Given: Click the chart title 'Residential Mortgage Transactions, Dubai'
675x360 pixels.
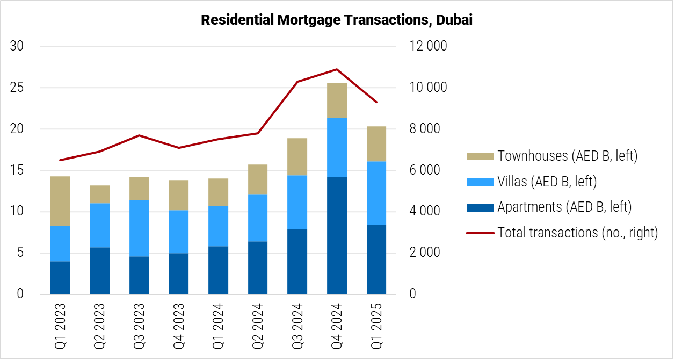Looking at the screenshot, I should pos(337,20).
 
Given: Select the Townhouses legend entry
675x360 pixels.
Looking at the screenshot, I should pos(567,156).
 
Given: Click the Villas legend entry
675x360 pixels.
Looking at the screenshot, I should pos(547,182).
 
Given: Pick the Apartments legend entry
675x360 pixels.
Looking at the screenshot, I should pos(564,207).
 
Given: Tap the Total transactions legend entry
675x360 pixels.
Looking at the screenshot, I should pos(577,233).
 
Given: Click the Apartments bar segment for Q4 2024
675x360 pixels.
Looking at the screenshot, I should pos(337,235).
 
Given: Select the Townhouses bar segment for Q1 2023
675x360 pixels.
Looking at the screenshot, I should pos(60,201).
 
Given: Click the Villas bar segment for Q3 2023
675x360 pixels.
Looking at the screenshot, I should pos(139,228).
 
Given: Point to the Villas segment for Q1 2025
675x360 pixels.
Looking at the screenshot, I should pos(376,193).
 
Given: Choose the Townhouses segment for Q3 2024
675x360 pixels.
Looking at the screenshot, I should pos(297,157).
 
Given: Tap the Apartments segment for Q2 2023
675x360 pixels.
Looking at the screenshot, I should pos(99,271).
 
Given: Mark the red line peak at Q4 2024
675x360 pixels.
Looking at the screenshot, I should pos(337,69).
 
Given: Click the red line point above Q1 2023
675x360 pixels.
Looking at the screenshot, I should pos(60,160).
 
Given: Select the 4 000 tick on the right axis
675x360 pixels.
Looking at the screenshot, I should pos(428,211).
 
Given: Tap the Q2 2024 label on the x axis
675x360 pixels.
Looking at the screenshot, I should pos(257,326).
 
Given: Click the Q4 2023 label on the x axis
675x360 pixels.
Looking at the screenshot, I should pos(178,326).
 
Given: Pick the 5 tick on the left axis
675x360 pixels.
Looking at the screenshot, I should pos(20,253).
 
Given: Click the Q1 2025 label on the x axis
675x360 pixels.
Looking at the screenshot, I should pos(376,326).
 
